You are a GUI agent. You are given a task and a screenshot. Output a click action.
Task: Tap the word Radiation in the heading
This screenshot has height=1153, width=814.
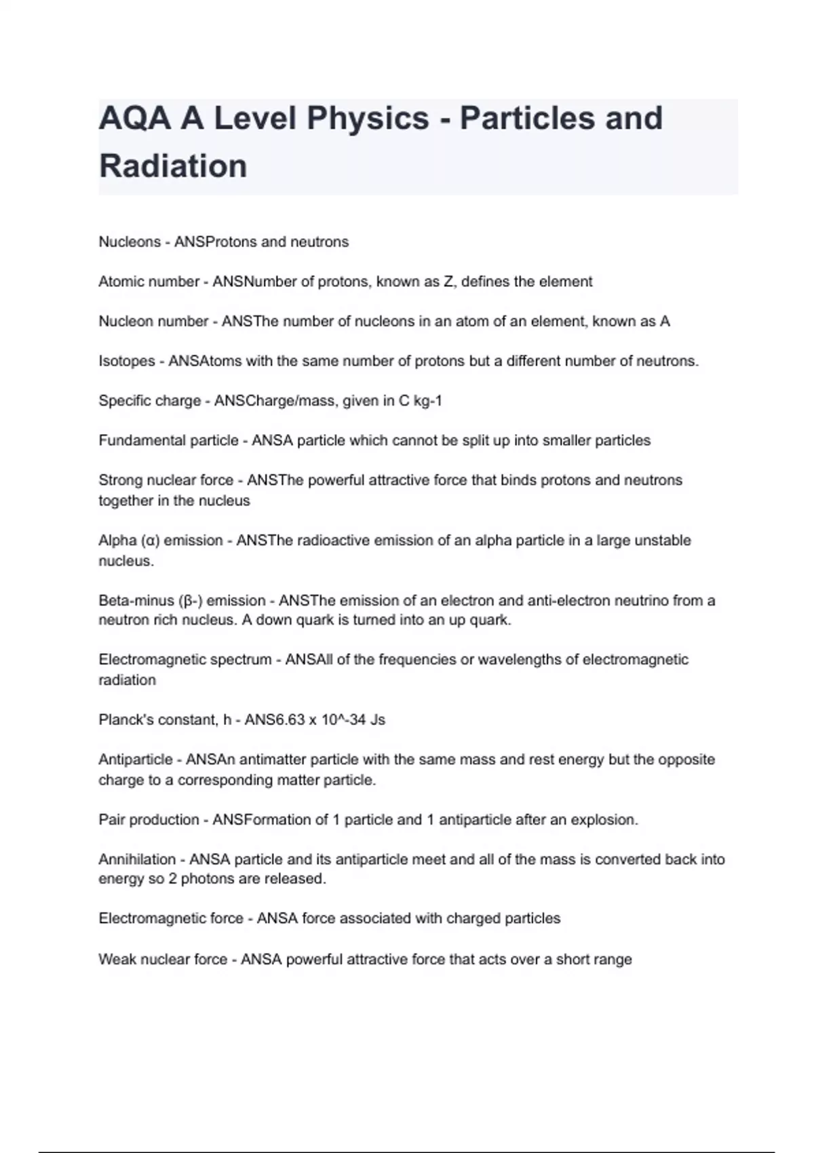click(x=173, y=166)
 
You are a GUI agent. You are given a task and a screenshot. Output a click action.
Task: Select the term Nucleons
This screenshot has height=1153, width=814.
click(x=130, y=242)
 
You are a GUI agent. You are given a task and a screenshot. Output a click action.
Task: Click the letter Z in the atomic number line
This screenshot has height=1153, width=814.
click(x=448, y=281)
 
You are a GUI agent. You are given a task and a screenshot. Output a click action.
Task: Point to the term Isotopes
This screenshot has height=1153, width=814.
click(x=127, y=361)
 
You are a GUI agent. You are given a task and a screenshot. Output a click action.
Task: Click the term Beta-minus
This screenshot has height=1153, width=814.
click(x=136, y=601)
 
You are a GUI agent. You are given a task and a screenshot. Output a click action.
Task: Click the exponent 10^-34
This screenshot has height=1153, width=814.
click(x=343, y=720)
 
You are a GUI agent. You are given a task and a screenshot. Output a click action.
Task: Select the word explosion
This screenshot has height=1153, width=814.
click(x=604, y=819)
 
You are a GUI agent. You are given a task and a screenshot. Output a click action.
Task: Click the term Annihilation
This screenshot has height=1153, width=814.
click(x=137, y=859)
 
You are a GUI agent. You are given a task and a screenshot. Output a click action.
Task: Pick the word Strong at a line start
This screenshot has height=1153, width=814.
click(x=119, y=480)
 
